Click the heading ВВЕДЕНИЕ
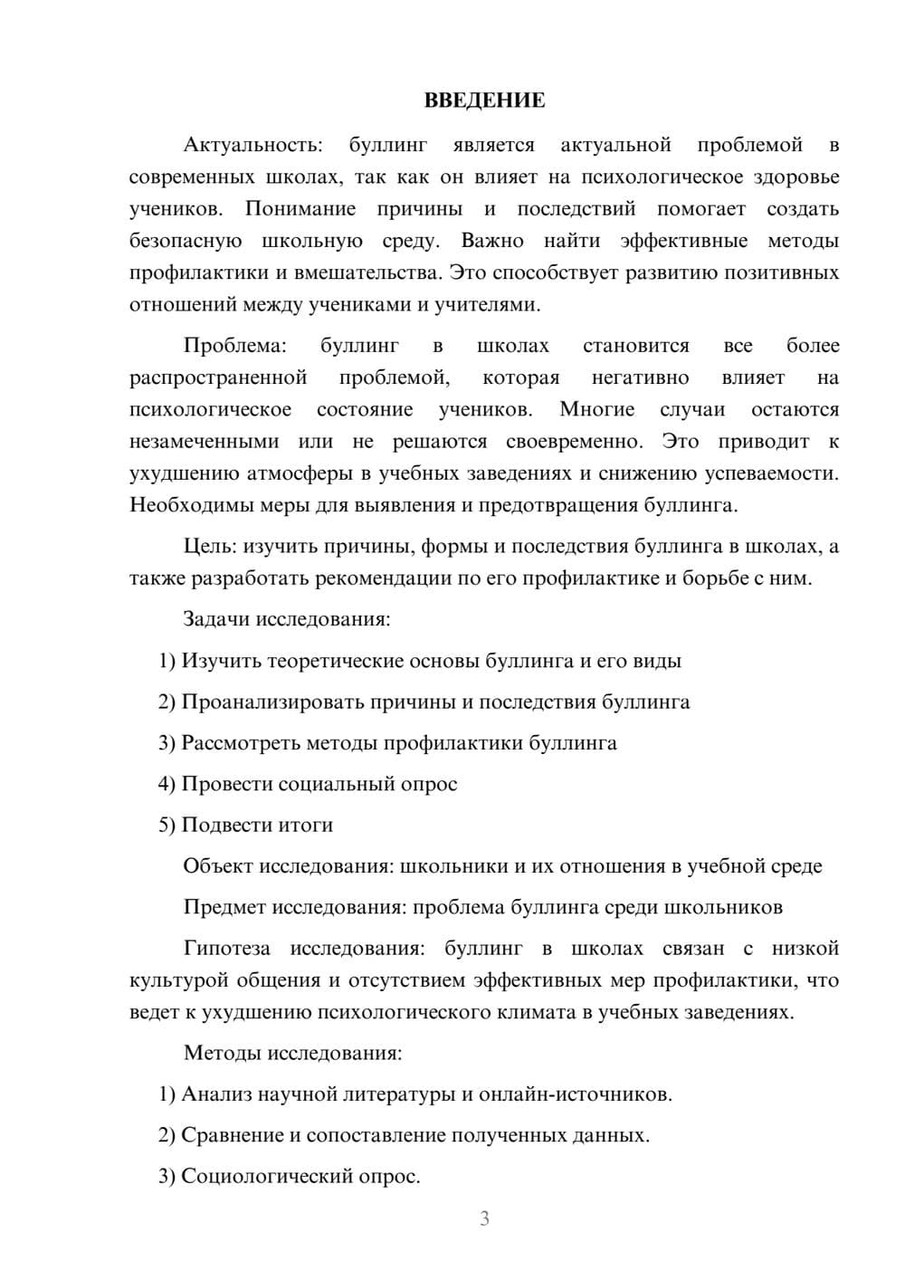484,100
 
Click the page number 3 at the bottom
484,1218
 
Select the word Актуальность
252,145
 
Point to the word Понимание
300,209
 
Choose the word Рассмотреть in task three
241,743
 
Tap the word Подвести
218,825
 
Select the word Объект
218,866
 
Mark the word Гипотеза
227,949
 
